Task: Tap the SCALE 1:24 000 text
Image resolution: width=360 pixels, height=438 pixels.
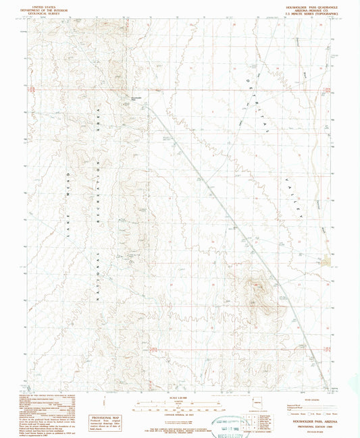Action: (x=176, y=398)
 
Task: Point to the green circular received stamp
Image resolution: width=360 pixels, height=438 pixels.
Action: (x=226, y=420)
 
